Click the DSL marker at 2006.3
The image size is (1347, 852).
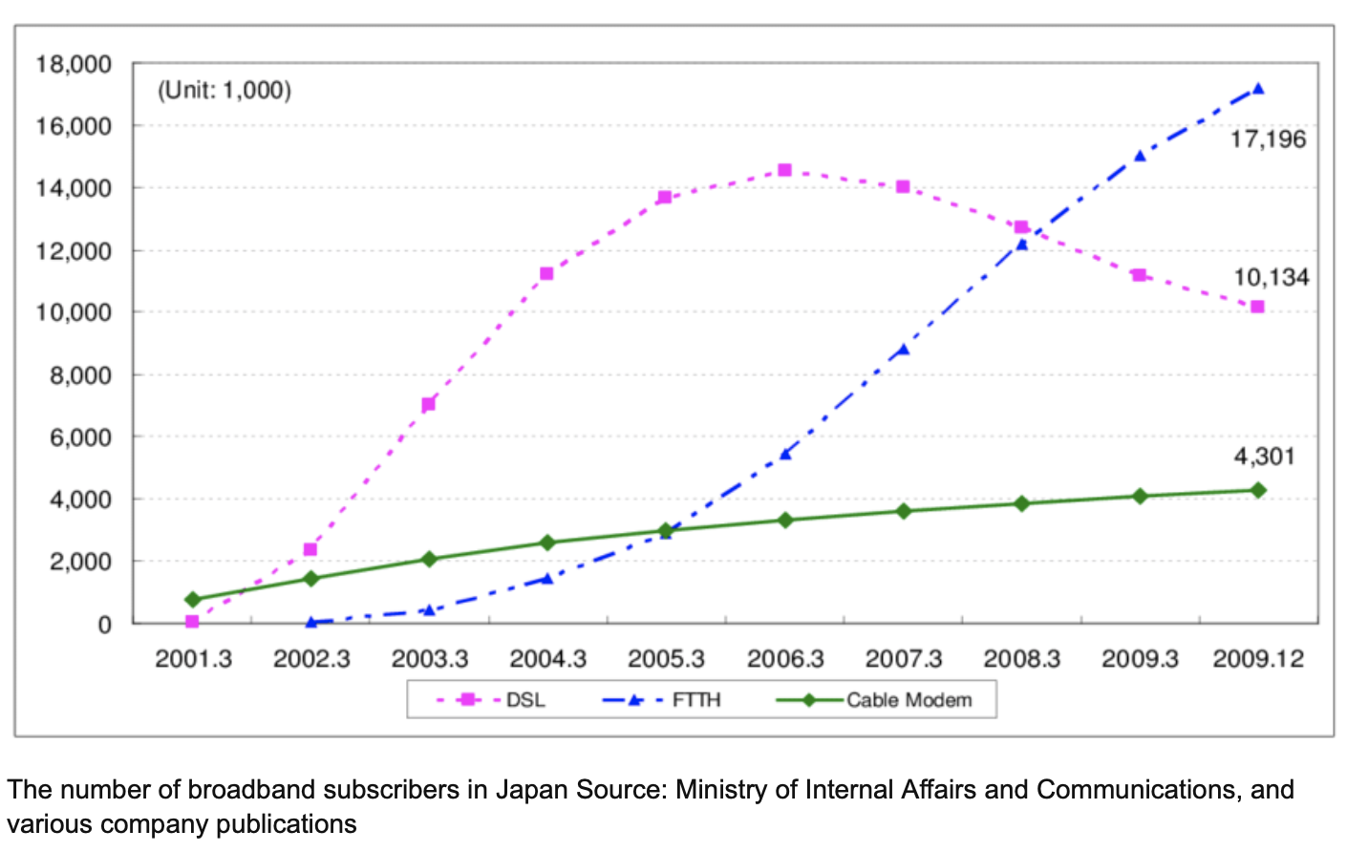pyautogui.click(x=784, y=170)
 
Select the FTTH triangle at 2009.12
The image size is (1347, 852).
pyautogui.click(x=1258, y=89)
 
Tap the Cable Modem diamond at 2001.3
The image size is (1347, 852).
pyautogui.click(x=192, y=600)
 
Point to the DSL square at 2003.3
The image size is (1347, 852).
pyautogui.click(x=428, y=404)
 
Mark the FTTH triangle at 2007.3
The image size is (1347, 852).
pyautogui.click(x=903, y=351)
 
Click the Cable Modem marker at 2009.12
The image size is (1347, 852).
pyautogui.click(x=1258, y=490)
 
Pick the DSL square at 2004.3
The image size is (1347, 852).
pyautogui.click(x=546, y=273)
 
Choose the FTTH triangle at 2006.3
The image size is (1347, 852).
pyautogui.click(x=785, y=455)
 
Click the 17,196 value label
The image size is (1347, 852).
pyautogui.click(x=1267, y=139)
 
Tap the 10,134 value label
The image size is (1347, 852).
pyautogui.click(x=1271, y=278)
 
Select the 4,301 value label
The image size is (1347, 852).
pyautogui.click(x=1264, y=457)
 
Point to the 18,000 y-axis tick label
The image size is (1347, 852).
pyautogui.click(x=74, y=65)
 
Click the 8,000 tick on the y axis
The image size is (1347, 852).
pyautogui.click(x=80, y=375)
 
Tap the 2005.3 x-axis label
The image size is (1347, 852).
pyautogui.click(x=666, y=659)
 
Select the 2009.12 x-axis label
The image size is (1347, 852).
pyautogui.click(x=1258, y=659)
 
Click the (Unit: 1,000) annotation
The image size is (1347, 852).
pyautogui.click(x=224, y=91)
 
